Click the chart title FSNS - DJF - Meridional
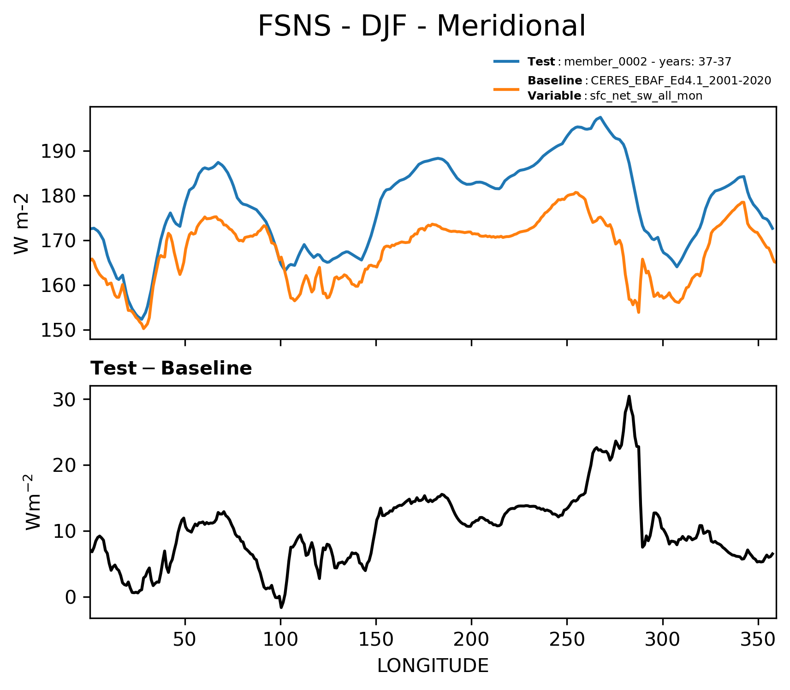tap(421, 26)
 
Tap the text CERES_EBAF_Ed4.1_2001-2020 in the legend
tap(681, 81)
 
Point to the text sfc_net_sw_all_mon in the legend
tap(646, 96)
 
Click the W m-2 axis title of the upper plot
tap(22, 224)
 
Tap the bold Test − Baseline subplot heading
tap(171, 369)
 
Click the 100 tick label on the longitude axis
tap(280, 639)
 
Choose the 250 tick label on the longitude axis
tap(567, 639)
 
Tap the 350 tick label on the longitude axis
tap(758, 639)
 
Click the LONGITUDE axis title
tap(433, 666)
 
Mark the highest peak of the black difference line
tap(629, 396)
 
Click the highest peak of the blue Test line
tap(600, 117)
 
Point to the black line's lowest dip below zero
tap(281, 607)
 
